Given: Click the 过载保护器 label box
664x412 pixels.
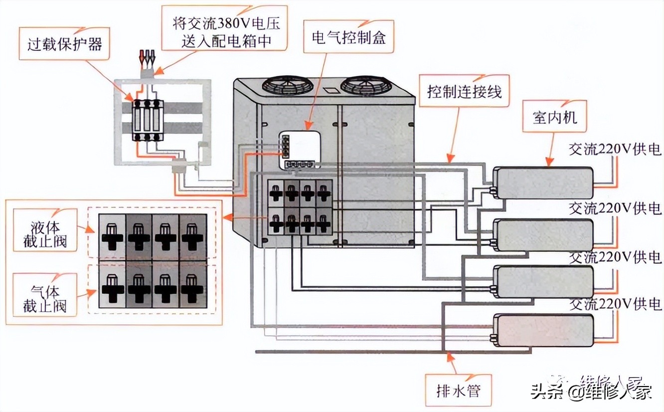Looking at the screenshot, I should coord(65,44).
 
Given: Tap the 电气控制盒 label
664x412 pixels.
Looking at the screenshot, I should coord(348,36).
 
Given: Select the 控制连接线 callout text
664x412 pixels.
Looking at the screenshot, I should coord(464,91).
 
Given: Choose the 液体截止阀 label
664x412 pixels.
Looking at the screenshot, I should coord(44,234).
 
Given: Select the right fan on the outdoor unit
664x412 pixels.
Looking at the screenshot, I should coord(365,85).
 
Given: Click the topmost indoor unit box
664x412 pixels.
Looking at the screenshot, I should coord(543,183).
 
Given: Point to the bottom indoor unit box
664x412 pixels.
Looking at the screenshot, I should coord(543,330).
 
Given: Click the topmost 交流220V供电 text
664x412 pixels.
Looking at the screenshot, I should coord(615,149).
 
